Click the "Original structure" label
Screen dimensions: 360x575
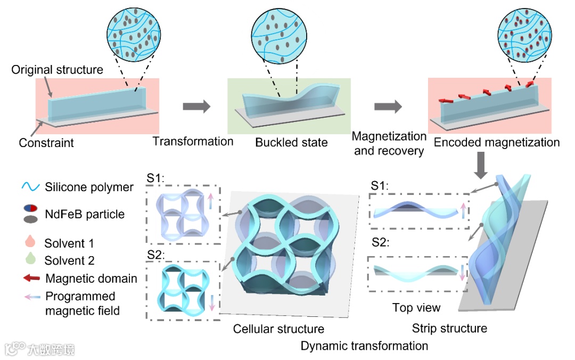[x=57, y=70]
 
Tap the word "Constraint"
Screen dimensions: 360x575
[x=46, y=143]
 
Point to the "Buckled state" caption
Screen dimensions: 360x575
[x=291, y=143]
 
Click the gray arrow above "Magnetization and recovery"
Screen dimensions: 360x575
[x=388, y=107]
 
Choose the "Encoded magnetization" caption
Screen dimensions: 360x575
[x=497, y=142]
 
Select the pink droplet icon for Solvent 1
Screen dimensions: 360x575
[x=30, y=243]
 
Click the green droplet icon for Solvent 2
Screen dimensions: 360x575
[x=30, y=260]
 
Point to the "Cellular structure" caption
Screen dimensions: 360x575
[x=278, y=329]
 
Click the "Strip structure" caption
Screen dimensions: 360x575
[x=449, y=328]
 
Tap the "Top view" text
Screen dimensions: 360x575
[x=416, y=308]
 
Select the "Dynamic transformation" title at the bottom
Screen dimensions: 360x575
[x=364, y=346]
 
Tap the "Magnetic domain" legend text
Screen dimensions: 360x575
[x=91, y=279]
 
